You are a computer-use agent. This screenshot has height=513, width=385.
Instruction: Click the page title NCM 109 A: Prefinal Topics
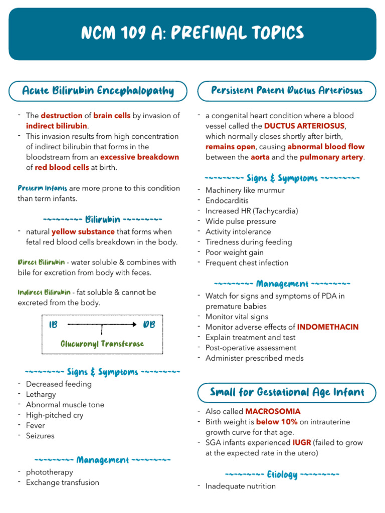point(192,34)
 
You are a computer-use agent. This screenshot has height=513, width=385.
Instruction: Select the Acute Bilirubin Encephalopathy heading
point(98,91)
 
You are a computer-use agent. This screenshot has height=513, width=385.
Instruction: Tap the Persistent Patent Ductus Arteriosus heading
point(286,91)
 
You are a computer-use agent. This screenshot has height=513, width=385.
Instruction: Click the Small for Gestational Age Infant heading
point(286,392)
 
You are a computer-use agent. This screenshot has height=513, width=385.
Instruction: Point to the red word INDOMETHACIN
point(328,327)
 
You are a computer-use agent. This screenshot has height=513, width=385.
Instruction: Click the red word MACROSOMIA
point(273,412)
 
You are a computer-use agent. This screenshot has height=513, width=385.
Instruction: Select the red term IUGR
point(301,443)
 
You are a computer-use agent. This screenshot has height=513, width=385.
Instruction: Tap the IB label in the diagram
point(53,325)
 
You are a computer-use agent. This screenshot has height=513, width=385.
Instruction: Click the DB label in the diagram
point(149,325)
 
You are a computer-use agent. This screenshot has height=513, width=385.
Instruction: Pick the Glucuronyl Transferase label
point(102,344)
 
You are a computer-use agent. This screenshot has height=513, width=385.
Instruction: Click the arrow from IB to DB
point(102,325)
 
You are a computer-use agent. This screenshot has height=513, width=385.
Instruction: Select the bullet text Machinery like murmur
point(245,190)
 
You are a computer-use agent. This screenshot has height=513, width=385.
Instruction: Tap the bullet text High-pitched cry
point(55,415)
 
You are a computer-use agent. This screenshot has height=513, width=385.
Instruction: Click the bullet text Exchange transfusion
point(63,482)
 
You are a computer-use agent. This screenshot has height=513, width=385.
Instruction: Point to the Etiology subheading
point(282,474)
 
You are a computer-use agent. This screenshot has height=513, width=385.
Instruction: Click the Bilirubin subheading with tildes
point(102,219)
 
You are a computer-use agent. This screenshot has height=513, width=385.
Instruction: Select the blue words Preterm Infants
point(43,188)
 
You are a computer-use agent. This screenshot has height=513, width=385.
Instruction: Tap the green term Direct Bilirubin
point(41,263)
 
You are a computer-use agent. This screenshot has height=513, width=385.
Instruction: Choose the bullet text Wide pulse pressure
point(241,221)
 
